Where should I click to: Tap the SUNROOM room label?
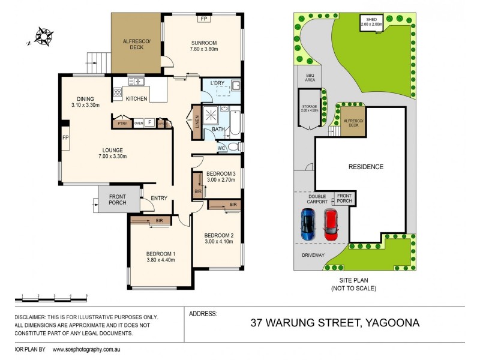[x=204, y=43]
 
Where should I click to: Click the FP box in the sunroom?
[x=204, y=19]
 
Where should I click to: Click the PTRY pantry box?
[x=124, y=122]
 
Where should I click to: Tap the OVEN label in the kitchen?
[x=139, y=123]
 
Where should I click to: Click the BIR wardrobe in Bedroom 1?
[x=159, y=221]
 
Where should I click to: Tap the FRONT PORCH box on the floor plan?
[x=118, y=199]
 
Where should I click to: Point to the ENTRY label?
[x=159, y=199]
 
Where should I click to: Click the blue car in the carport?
[x=308, y=224]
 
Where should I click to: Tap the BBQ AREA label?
[x=310, y=77]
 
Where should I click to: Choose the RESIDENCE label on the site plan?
[x=367, y=167]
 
